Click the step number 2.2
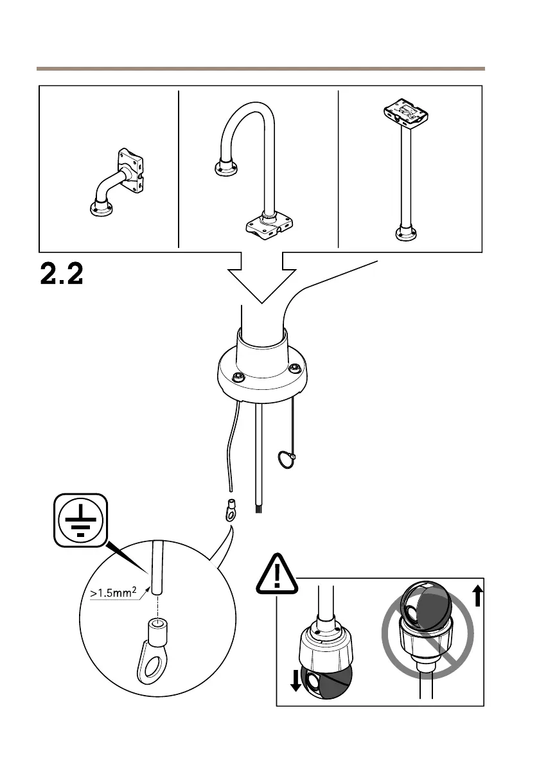[x=62, y=274]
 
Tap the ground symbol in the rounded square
[x=79, y=520]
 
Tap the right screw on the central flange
[x=295, y=368]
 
